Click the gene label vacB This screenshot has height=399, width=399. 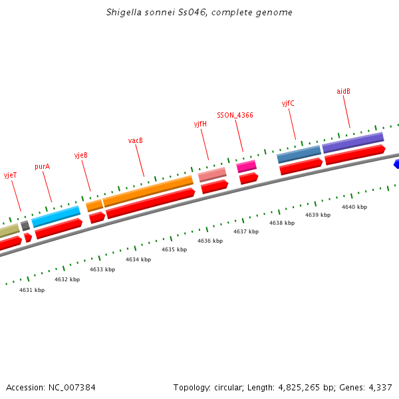[136, 140]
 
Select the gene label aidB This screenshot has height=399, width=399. [343, 91]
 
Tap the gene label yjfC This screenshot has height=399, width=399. [288, 103]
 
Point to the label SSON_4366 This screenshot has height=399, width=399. [235, 115]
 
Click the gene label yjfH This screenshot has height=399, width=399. [200, 124]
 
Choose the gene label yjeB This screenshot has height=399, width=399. [81, 155]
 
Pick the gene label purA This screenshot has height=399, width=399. [42, 166]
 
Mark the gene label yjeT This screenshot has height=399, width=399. [11, 176]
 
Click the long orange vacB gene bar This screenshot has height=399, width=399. [148, 191]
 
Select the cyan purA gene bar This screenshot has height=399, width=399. [56, 216]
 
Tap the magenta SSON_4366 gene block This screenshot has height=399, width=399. [246, 166]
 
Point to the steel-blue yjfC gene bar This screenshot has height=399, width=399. [299, 154]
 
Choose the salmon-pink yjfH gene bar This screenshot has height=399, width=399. [212, 175]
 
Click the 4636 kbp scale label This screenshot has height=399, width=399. [210, 241]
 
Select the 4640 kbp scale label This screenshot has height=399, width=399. [354, 207]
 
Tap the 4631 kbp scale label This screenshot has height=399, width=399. [32, 290]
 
